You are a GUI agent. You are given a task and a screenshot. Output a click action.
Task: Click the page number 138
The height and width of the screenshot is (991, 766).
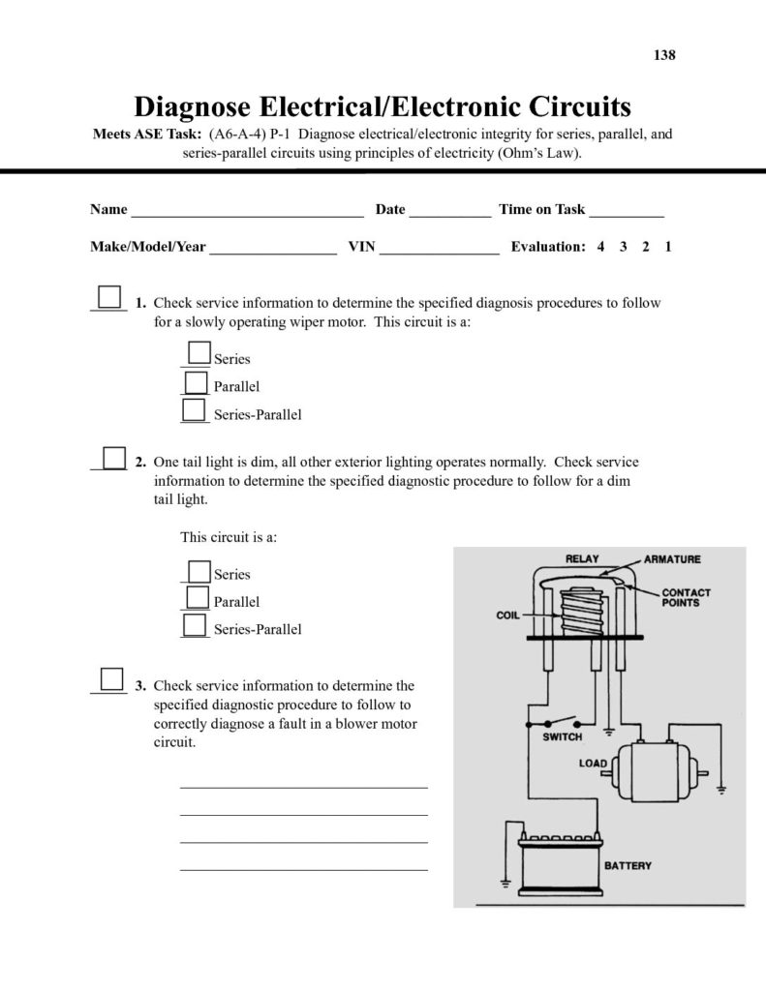(x=664, y=55)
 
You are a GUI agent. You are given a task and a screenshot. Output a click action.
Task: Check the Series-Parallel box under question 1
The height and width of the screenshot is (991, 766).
(x=195, y=410)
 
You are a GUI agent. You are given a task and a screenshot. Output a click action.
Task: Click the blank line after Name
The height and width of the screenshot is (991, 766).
(x=246, y=211)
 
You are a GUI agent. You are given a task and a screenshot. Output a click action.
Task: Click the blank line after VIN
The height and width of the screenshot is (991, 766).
(x=439, y=248)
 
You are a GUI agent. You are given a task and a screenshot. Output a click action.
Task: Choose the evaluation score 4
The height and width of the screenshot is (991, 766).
(x=600, y=247)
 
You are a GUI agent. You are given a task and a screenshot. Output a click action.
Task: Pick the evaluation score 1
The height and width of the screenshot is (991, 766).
(x=668, y=247)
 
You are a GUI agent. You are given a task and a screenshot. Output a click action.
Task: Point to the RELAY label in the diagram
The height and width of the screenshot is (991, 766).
(x=585, y=559)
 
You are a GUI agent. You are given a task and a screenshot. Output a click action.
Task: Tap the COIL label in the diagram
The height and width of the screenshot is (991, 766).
(x=509, y=614)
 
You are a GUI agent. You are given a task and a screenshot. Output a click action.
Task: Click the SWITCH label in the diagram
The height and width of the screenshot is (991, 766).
(x=563, y=736)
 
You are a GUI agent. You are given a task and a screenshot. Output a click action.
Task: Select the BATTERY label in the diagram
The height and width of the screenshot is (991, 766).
(x=628, y=865)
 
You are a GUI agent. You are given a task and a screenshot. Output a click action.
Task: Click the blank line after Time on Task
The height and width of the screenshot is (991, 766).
(x=626, y=211)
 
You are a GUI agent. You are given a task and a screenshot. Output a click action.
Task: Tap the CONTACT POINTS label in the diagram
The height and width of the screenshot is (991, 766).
(x=686, y=597)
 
